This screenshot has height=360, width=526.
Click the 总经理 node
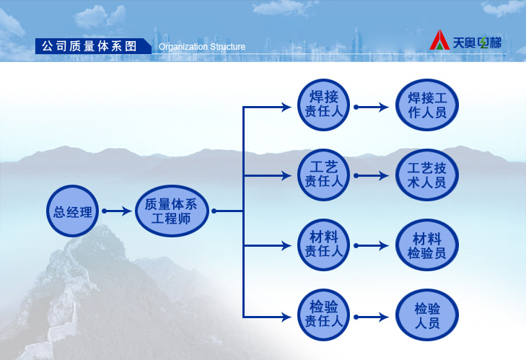pos(72,211)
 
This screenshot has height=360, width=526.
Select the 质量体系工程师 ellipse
pos(172,211)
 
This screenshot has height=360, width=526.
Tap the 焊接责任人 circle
pos(324,105)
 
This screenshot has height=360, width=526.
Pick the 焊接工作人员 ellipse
pos(427,105)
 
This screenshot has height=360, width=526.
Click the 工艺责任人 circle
pos(324,175)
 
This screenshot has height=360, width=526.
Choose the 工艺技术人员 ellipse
pos(427,175)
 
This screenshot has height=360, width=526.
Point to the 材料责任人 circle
pos(324,245)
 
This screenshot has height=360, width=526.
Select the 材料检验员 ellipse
pos(427,245)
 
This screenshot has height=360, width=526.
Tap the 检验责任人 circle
pos(324,315)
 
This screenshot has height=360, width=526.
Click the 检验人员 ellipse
pos(427,315)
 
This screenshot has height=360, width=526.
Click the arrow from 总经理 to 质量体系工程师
pos(117,211)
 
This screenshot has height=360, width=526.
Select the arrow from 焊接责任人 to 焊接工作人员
pos(372,107)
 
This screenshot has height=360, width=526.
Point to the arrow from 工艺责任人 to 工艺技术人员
pos(372,175)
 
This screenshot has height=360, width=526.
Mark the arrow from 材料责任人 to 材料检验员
pos(372,245)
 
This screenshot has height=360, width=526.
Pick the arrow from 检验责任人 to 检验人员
pos(372,317)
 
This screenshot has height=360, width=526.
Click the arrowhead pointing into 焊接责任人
pos(287,107)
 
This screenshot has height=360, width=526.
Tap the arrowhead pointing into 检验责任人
pos(287,317)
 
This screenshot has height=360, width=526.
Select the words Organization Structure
pos(202,47)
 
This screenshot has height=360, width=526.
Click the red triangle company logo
pos(439,40)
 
